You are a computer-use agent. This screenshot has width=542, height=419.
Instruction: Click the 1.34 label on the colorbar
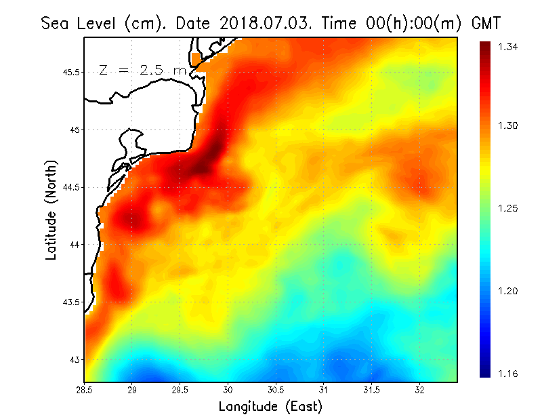[509, 47]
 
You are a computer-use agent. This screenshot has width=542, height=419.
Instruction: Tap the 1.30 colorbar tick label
[509, 126]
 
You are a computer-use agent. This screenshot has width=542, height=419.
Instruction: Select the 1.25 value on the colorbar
[509, 208]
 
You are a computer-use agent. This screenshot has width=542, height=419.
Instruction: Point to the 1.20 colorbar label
[509, 291]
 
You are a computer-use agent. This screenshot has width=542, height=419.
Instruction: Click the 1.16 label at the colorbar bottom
[509, 373]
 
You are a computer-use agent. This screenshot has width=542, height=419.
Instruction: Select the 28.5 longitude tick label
[85, 390]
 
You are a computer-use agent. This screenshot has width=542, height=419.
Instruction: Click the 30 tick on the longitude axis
[228, 390]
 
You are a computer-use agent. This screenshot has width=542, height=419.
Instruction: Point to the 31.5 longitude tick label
[371, 390]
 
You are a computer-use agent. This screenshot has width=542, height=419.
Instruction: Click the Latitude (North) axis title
[51, 209]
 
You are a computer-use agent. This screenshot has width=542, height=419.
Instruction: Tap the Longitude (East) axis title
[270, 407]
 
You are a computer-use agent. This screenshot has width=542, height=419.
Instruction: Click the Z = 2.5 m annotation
[142, 70]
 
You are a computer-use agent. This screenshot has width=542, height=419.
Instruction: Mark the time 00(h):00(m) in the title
[402, 24]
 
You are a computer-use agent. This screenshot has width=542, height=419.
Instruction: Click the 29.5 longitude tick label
[180, 390]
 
